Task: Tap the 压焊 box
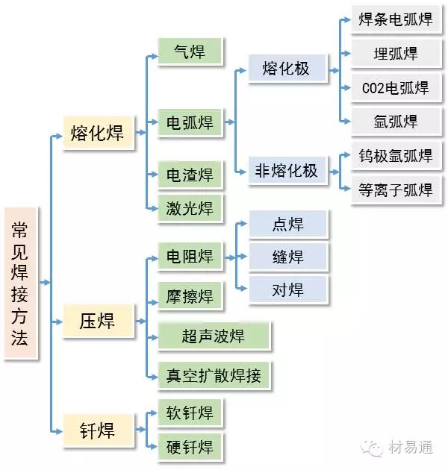97,322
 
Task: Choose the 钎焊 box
97,430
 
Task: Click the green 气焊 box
189,52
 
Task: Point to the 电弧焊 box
189,121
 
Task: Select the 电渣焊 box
189,175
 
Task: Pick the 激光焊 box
189,209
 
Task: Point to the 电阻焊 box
189,257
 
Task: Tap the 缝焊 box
287,257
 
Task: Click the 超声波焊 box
213,336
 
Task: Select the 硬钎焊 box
189,447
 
